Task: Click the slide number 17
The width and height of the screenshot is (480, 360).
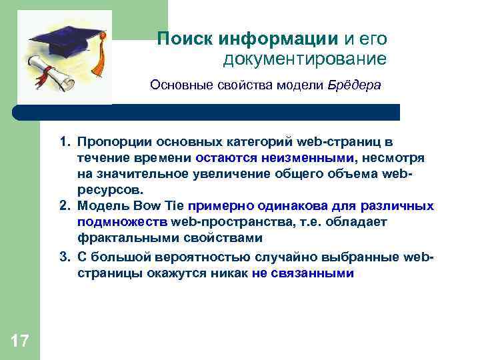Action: click(20, 341)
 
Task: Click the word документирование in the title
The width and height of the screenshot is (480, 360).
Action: click(305, 60)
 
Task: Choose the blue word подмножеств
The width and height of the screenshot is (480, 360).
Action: click(122, 222)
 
